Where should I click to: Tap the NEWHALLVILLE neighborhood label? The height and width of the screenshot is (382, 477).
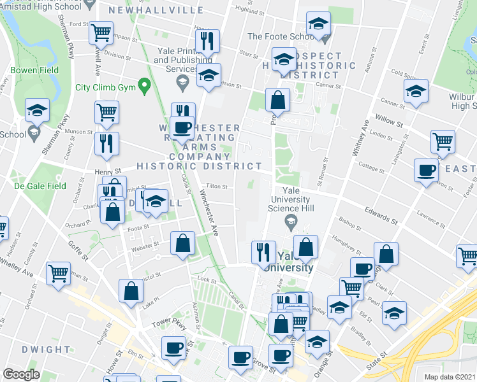click(x=147, y=10)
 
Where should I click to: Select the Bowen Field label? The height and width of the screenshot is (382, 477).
click(x=34, y=70)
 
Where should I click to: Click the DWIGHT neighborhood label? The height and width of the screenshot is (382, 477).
click(x=46, y=350)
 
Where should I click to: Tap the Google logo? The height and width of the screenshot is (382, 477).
click(x=21, y=374)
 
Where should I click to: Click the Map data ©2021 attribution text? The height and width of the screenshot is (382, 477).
click(x=450, y=377)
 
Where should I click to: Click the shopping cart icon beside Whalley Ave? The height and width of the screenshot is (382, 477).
click(x=59, y=272)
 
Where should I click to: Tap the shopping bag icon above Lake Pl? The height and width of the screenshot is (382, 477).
click(x=131, y=290)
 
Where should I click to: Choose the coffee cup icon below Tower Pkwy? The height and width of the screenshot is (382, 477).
click(x=173, y=347)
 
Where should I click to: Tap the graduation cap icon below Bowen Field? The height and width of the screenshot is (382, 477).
click(x=38, y=110)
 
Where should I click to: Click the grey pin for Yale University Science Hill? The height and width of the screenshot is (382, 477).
click(x=291, y=221)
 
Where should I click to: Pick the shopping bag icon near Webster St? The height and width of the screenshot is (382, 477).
click(x=183, y=243)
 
